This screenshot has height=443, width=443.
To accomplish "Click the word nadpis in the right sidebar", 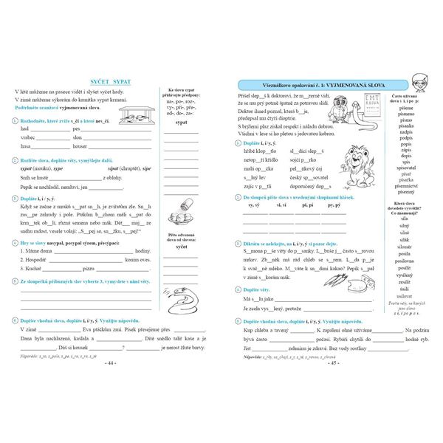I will pos(406,130).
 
